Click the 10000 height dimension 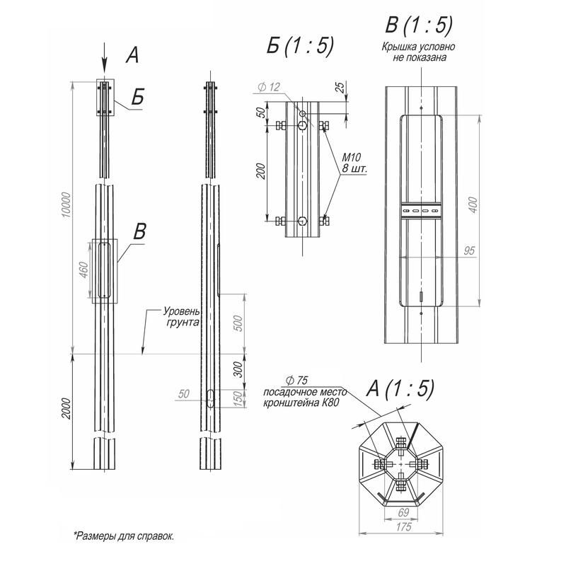(x=67, y=204)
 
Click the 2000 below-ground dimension (x=67, y=409)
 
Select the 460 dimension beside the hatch (x=83, y=270)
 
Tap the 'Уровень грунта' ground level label (x=182, y=316)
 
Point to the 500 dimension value (x=238, y=323)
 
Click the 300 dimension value (x=238, y=369)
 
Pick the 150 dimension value (x=238, y=399)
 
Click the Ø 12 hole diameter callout (x=270, y=87)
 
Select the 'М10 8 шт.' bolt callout (x=354, y=163)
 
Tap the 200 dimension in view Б (x=260, y=171)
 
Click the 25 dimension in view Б (x=340, y=87)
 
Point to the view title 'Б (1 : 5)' (x=300, y=46)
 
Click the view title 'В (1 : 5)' (x=419, y=25)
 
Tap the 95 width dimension (x=469, y=250)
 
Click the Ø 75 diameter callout (x=296, y=381)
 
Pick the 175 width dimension (x=403, y=527)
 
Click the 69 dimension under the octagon (x=403, y=512)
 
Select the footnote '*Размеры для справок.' (x=125, y=536)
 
